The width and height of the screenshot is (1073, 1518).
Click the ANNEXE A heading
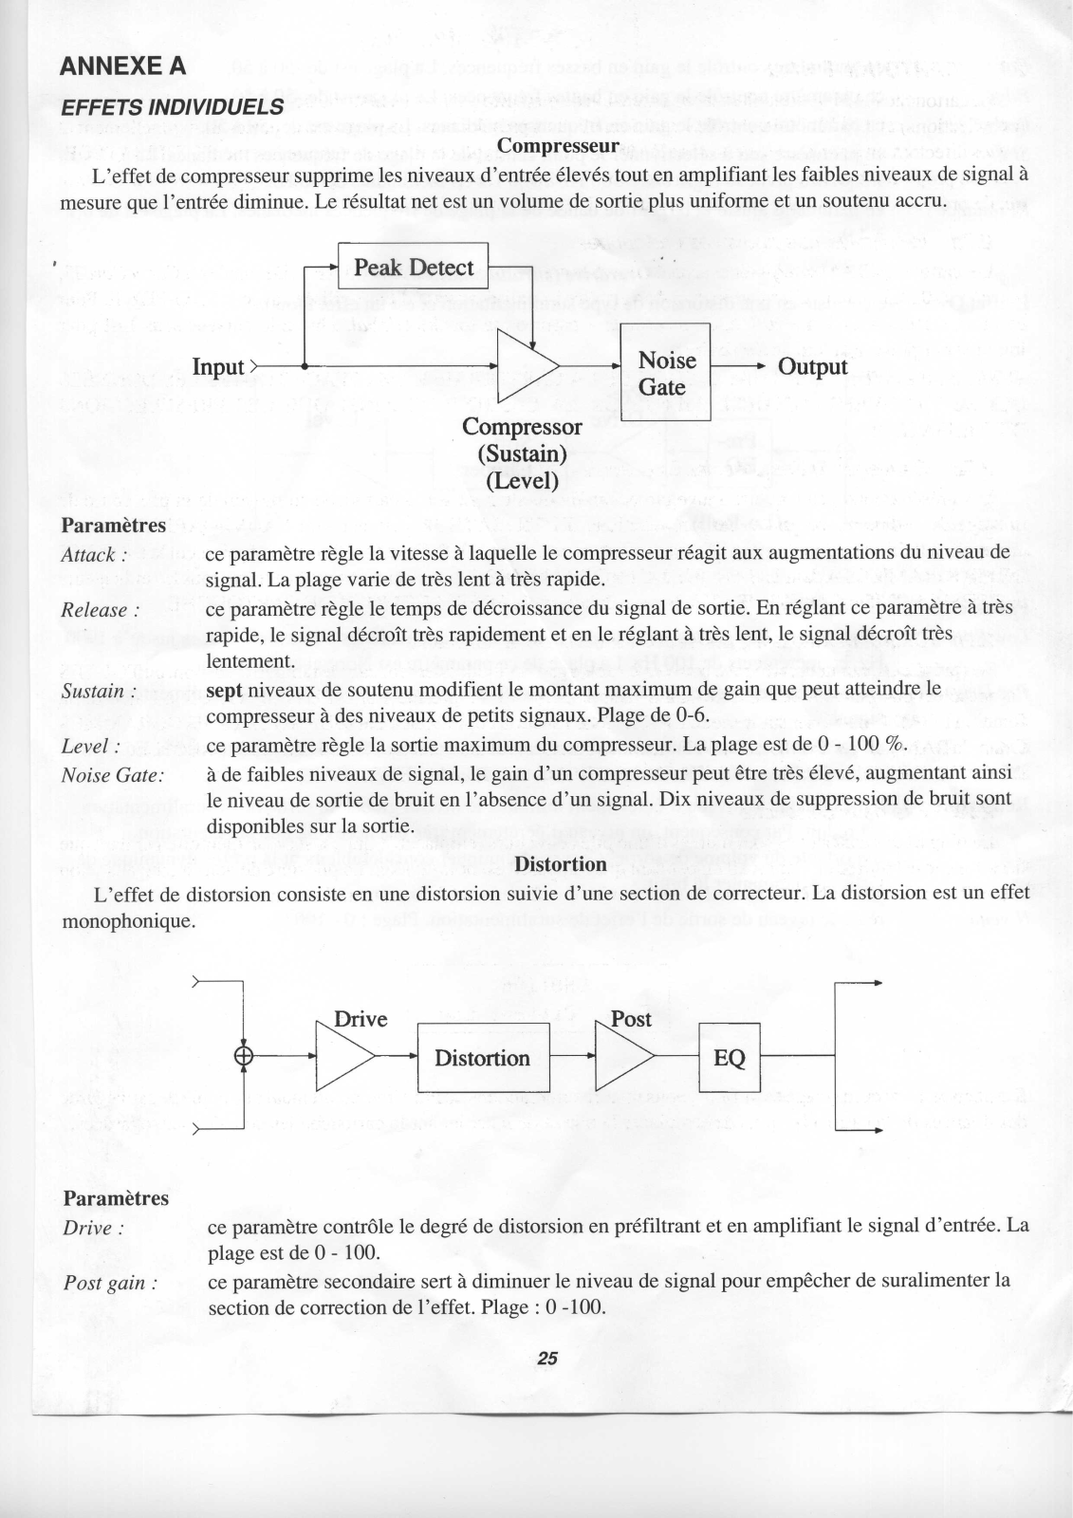pyautogui.click(x=122, y=66)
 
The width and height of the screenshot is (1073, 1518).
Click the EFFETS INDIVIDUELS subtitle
pyautogui.click(x=172, y=106)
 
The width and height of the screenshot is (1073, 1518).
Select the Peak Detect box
pyautogui.click(x=413, y=267)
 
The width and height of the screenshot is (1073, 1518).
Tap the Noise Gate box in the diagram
pyautogui.click(x=665, y=373)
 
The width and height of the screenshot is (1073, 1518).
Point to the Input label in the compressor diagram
pyautogui.click(x=219, y=366)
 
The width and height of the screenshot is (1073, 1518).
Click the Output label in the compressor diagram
pyautogui.click(x=812, y=366)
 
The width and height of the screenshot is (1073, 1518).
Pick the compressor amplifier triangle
pyautogui.click(x=526, y=366)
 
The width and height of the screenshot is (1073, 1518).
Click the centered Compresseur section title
pyautogui.click(x=558, y=145)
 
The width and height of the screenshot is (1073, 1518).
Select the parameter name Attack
pyautogui.click(x=88, y=554)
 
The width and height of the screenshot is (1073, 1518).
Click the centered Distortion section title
pyautogui.click(x=560, y=863)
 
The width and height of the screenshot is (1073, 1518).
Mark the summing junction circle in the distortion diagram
pyautogui.click(x=245, y=1055)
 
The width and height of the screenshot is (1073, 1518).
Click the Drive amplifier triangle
pyautogui.click(x=343, y=1056)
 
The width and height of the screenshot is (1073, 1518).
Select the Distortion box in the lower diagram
pyautogui.click(x=483, y=1057)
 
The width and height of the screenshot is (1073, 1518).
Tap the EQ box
pyautogui.click(x=730, y=1057)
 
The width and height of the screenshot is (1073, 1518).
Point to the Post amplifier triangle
pyautogui.click(x=622, y=1056)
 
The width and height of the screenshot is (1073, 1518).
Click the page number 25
pyautogui.click(x=546, y=1358)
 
